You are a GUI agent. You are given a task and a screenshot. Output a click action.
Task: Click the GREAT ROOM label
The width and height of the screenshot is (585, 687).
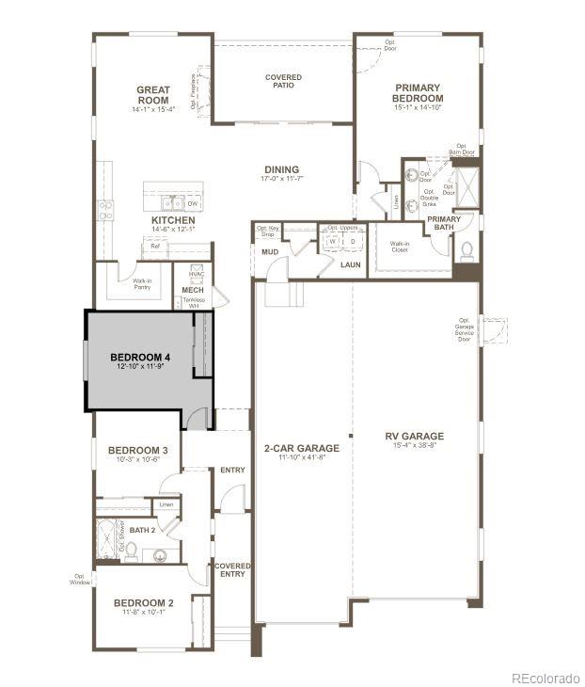(x=152, y=95)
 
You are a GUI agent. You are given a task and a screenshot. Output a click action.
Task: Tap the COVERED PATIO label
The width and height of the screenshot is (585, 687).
(x=283, y=81)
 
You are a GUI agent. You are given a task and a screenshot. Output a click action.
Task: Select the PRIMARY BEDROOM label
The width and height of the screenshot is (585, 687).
(x=418, y=92)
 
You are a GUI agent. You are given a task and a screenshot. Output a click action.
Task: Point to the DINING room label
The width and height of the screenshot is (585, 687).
(x=281, y=169)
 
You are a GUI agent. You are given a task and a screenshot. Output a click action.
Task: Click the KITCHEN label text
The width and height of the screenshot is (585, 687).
(x=173, y=220)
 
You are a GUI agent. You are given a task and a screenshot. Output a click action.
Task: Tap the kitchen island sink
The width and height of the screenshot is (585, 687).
(x=171, y=201)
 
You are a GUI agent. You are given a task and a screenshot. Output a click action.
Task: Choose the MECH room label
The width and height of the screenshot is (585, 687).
(x=194, y=289)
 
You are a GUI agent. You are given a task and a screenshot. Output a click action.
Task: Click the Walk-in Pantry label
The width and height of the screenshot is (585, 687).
(x=142, y=283)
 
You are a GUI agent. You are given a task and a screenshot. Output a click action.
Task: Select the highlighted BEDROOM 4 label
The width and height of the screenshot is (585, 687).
(x=140, y=357)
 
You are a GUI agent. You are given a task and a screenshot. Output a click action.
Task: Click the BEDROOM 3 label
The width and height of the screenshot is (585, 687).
(x=137, y=450)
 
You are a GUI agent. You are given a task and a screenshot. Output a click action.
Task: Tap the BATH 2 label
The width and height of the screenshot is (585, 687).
(x=142, y=530)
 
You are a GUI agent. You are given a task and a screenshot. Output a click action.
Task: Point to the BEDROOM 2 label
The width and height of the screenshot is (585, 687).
(x=144, y=602)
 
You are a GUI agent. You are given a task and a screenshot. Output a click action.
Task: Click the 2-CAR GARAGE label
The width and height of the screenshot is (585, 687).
(x=301, y=448)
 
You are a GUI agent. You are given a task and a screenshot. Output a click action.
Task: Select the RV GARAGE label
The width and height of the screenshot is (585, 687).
(x=414, y=436)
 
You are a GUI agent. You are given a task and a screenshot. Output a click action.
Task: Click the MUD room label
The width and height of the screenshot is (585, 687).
(x=269, y=252)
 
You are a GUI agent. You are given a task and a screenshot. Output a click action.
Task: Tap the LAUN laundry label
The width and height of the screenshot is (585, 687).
(x=351, y=264)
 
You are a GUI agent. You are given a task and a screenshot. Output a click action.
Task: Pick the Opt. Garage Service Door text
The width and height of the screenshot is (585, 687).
(x=465, y=329)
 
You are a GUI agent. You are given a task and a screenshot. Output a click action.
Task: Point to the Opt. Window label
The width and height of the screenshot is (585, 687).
(x=80, y=580)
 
